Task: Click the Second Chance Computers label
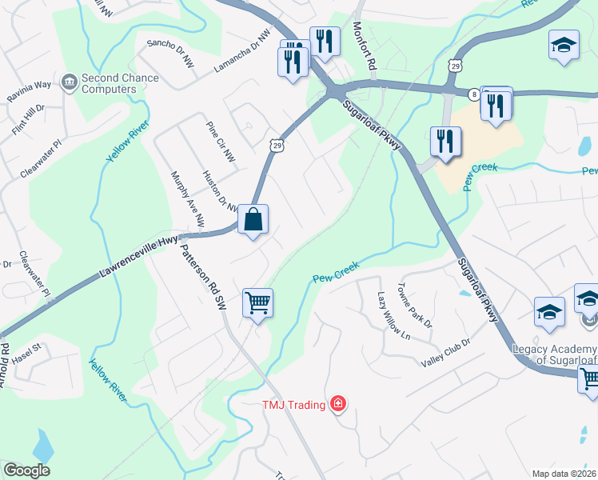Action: (x=120, y=83)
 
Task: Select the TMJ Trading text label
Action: (x=293, y=404)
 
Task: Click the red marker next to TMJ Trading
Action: (x=338, y=403)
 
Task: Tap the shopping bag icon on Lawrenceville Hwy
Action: (x=253, y=219)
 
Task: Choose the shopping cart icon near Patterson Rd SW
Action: (x=257, y=303)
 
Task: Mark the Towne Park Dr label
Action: (x=415, y=306)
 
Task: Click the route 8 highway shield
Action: (x=474, y=94)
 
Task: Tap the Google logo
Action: (x=26, y=470)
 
